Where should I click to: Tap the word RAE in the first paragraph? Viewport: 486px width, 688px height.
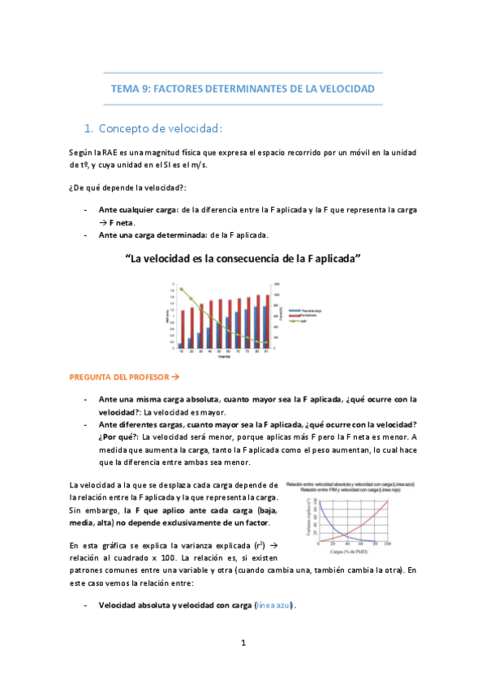(x=114, y=152)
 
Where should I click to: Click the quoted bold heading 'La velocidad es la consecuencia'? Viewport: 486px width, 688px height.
(x=243, y=259)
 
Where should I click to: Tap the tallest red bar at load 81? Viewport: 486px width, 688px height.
(x=268, y=320)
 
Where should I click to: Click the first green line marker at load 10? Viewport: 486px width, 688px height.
(x=181, y=290)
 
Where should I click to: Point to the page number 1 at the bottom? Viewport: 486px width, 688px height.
(x=243, y=643)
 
